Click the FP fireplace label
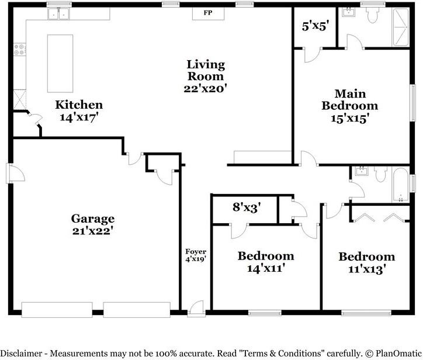pyautogui.click(x=207, y=12)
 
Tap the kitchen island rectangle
pyautogui.click(x=60, y=63)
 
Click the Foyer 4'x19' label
pyautogui.click(x=196, y=255)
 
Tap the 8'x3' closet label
pyautogui.click(x=246, y=206)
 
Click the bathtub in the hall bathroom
pyautogui.click(x=401, y=184)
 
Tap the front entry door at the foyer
pyautogui.click(x=196, y=307)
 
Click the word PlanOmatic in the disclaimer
pyautogui.click(x=396, y=353)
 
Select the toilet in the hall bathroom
pyautogui.click(x=380, y=174)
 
